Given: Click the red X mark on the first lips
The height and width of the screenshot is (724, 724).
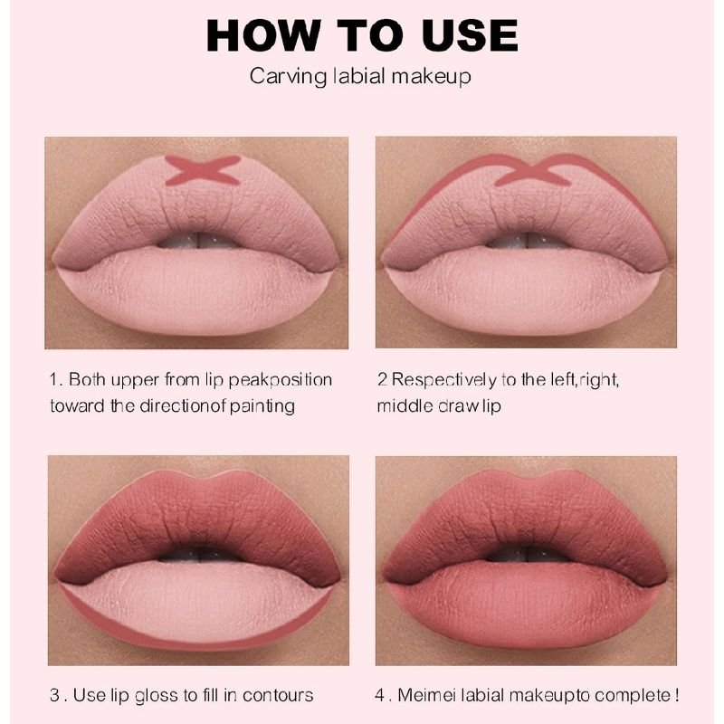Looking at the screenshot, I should (x=203, y=169).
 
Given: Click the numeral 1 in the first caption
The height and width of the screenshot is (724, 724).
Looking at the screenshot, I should (x=53, y=379).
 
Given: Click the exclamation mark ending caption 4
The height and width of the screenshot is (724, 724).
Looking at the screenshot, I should (x=676, y=695).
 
